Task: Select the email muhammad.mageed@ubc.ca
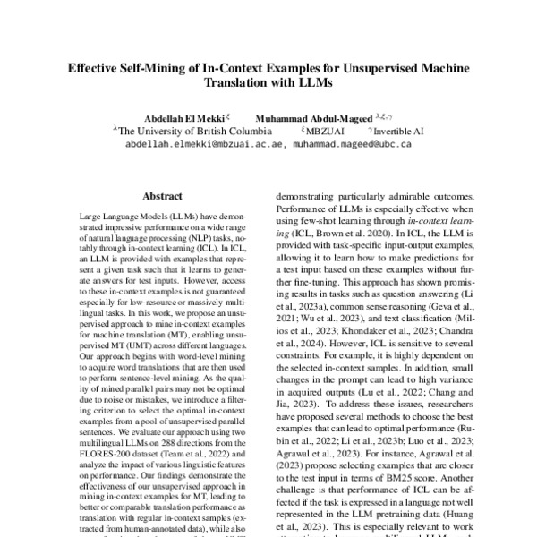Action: [352, 142]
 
